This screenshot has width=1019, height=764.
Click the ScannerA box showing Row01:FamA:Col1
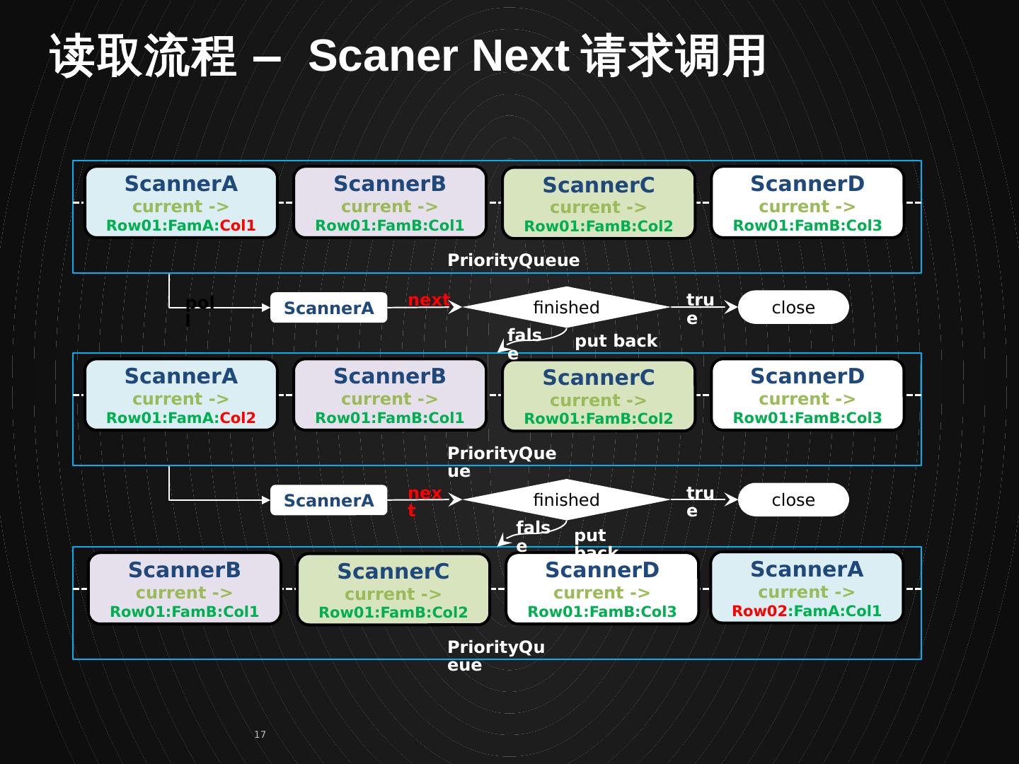click(181, 202)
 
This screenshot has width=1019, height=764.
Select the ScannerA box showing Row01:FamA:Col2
click(181, 395)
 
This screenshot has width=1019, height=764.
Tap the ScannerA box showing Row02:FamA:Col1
click(807, 588)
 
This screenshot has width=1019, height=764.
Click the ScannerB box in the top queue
click(390, 202)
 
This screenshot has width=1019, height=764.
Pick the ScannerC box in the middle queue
click(599, 396)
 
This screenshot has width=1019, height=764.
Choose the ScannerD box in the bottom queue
click(602, 589)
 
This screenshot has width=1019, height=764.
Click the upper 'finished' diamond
click(566, 308)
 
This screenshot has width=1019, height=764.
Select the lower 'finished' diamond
click(566, 500)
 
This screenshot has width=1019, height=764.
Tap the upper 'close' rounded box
click(793, 308)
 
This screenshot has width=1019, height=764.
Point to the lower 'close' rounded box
click(793, 500)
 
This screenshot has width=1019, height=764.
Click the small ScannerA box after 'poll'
click(328, 308)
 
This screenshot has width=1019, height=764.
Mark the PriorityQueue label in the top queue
click(513, 260)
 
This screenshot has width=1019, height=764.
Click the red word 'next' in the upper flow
click(428, 300)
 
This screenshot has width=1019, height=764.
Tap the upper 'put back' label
click(616, 341)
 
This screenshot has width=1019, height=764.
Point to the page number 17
click(260, 734)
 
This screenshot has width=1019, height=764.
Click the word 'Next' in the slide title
click(520, 55)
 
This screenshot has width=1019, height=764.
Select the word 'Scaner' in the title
click(382, 55)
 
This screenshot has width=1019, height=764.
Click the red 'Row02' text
click(759, 611)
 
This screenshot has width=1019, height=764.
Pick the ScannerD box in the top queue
click(807, 202)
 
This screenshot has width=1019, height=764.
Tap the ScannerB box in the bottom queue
click(185, 589)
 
